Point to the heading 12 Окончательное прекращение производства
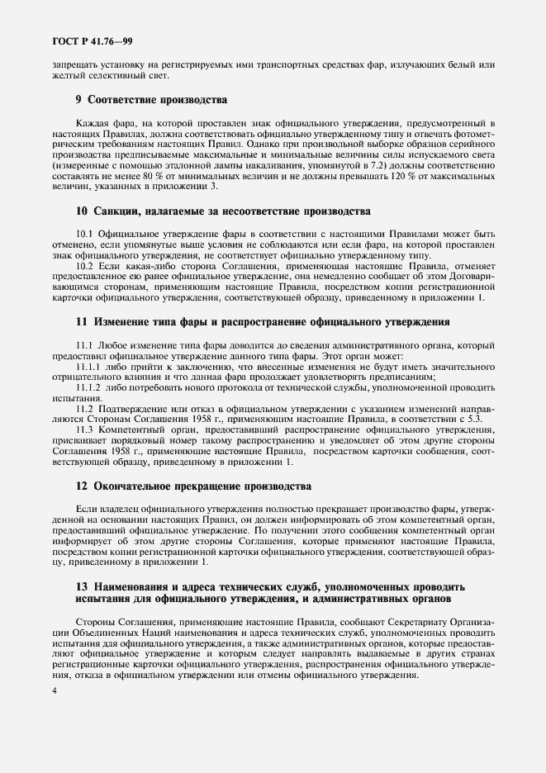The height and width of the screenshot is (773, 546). click(x=194, y=486)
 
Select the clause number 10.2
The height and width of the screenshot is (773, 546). click(x=86, y=267)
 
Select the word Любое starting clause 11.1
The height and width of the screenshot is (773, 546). click(x=112, y=345)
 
